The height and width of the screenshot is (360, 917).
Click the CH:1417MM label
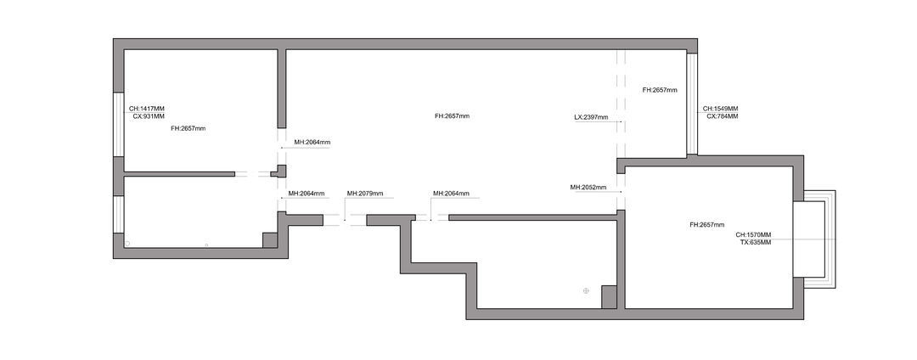[x=147, y=109]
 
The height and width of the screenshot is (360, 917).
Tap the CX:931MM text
[x=149, y=116]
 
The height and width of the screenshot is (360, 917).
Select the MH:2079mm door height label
[x=365, y=194]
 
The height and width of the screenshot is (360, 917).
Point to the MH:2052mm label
[x=588, y=188]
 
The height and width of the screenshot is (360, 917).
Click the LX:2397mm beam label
[x=591, y=117]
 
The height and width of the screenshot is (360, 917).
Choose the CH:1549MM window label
[x=721, y=109]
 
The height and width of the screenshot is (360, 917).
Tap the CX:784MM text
[x=723, y=116]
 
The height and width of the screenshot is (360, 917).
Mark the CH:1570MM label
[x=753, y=235]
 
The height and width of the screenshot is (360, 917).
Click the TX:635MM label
[x=756, y=242]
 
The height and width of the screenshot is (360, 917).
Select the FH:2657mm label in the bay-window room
[x=707, y=225]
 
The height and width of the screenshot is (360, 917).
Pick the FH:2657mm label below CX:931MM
[x=188, y=128]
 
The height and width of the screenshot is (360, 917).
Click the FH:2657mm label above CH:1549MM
[x=660, y=90]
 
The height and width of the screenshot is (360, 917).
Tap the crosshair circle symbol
[x=586, y=290]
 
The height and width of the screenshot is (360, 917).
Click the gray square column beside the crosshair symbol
[x=610, y=297]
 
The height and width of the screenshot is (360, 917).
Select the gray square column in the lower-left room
[x=270, y=240]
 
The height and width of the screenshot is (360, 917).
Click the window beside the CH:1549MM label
[x=692, y=104]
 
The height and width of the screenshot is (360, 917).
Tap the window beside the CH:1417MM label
[x=119, y=124]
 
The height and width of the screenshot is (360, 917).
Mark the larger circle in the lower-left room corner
[x=127, y=243]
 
